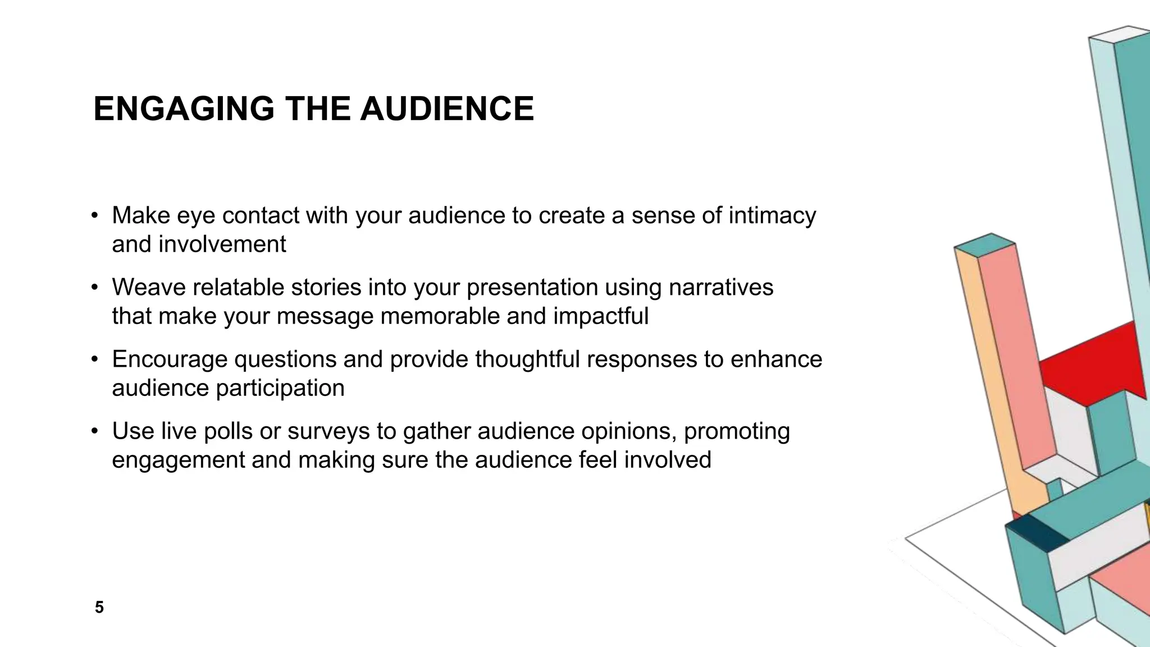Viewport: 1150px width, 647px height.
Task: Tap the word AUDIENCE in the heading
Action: point(447,108)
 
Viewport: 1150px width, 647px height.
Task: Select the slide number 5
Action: point(99,607)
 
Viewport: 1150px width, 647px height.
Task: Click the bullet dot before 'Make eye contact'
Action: point(95,216)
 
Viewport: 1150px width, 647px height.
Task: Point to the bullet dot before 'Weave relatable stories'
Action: point(95,288)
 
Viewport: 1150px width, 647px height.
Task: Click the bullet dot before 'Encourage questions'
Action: point(95,360)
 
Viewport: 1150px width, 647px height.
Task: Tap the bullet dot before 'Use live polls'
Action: point(95,432)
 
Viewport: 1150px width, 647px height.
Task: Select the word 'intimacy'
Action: point(772,216)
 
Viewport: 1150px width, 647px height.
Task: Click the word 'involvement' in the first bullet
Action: point(222,244)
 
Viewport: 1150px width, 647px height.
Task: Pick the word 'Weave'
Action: point(148,288)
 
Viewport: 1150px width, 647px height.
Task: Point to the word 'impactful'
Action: point(601,316)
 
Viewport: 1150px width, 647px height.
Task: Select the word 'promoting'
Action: point(737,432)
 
